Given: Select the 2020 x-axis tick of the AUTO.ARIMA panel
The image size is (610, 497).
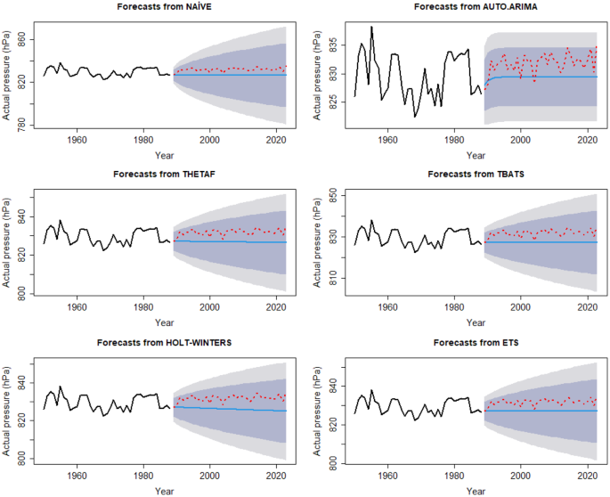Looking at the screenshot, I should coord(587,140).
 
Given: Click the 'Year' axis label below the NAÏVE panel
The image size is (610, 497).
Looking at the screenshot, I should coord(164,154).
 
